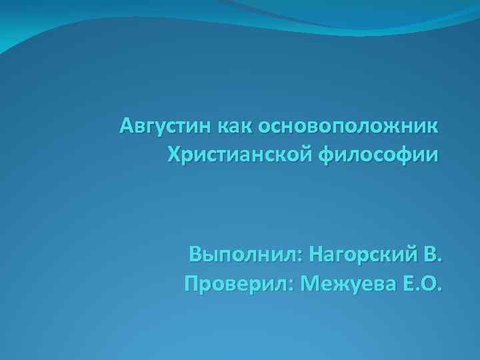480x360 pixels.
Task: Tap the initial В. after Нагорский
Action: (433, 255)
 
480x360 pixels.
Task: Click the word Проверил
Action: (237, 285)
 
